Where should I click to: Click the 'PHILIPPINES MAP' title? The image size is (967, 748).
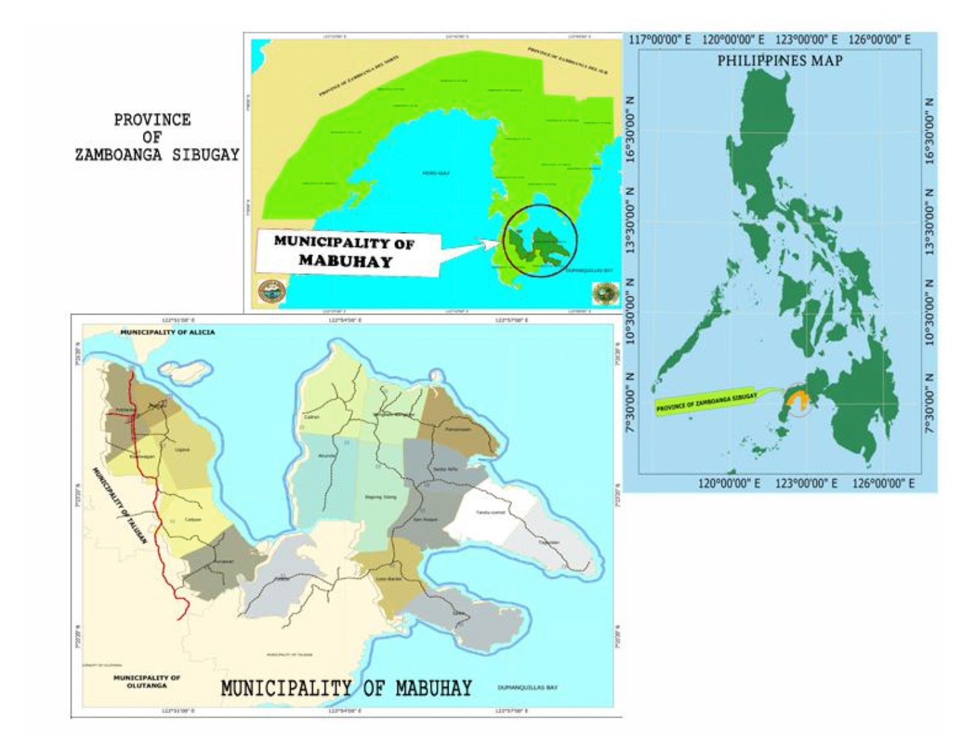click(780, 61)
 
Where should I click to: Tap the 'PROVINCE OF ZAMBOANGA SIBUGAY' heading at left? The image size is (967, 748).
click(156, 137)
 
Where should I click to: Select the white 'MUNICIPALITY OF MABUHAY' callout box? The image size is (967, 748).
click(345, 252)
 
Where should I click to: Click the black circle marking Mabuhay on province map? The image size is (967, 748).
click(540, 240)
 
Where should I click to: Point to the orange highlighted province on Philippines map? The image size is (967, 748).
click(799, 400)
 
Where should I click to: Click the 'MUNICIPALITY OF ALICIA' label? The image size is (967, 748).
click(167, 332)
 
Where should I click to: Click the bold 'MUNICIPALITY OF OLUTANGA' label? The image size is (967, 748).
click(147, 681)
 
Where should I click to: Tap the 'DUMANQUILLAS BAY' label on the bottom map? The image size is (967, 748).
click(527, 687)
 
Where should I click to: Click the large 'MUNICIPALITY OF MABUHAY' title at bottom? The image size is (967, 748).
click(346, 689)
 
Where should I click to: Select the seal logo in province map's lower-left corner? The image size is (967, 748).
click(271, 292)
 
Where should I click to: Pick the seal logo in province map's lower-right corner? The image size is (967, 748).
click(605, 293)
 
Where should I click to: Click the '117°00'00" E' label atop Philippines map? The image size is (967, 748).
click(660, 40)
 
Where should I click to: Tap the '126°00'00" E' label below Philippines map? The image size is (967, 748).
click(883, 483)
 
